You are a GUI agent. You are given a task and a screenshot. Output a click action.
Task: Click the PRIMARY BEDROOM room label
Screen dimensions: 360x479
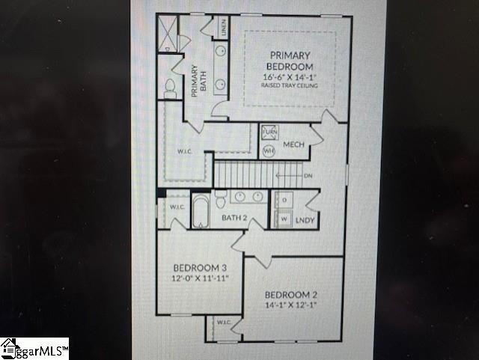tap(290, 61)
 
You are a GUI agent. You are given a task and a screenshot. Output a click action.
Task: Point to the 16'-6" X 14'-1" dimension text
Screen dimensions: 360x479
tap(290, 77)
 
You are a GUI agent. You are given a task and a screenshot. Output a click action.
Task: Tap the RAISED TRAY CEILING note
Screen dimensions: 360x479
tap(290, 86)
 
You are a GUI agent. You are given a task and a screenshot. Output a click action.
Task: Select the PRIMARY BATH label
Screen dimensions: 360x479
tap(195, 82)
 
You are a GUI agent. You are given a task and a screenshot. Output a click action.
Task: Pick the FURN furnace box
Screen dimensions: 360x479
tap(269, 134)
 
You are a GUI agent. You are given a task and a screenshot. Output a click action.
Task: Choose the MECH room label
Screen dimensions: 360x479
tap(293, 144)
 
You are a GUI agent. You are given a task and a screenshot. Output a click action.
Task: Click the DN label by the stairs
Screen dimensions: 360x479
tap(308, 176)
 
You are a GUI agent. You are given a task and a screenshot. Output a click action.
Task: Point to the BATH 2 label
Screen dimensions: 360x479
tap(235, 219)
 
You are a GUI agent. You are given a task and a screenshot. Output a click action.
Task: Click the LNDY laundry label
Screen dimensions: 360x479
tap(304, 220)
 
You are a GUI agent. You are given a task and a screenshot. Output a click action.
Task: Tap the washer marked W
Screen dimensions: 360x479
tap(284, 219)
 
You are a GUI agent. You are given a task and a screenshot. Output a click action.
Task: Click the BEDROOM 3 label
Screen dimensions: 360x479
tap(200, 268)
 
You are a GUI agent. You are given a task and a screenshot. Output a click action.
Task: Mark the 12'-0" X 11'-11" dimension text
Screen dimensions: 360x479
tap(200, 278)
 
